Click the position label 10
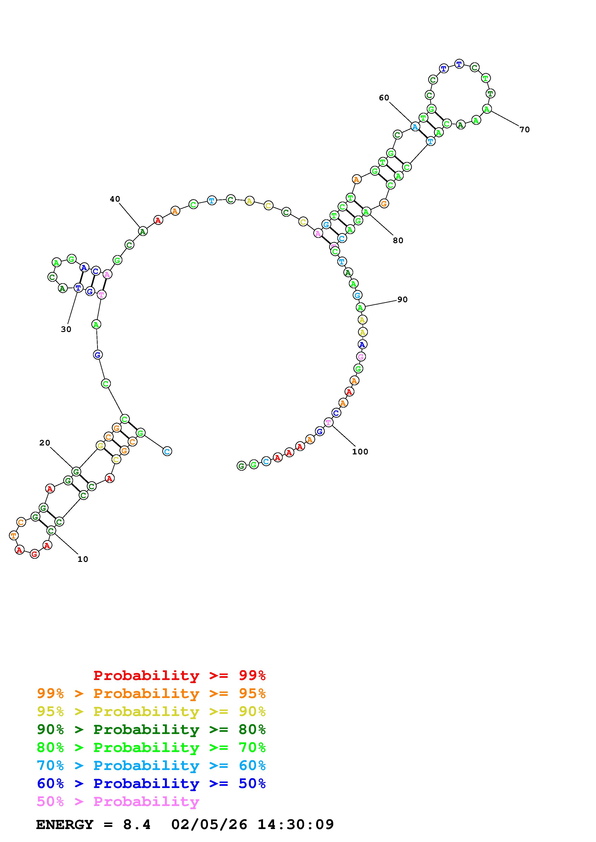click(x=83, y=559)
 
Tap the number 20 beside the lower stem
click(x=45, y=443)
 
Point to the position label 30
click(x=66, y=329)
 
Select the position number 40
click(x=115, y=199)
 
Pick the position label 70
click(x=525, y=129)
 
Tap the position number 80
click(x=398, y=241)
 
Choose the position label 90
click(x=402, y=300)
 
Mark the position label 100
click(x=360, y=452)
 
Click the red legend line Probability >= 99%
click(x=180, y=675)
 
